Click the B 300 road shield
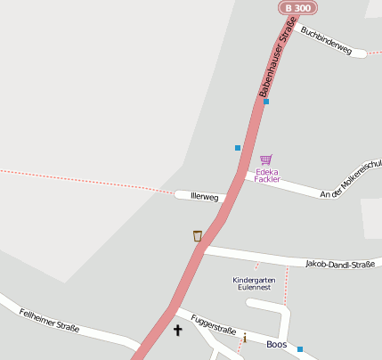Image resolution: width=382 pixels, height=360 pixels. [x=297, y=7]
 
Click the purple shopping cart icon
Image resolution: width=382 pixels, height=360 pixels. [x=265, y=160]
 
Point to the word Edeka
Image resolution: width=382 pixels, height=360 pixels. [x=267, y=171]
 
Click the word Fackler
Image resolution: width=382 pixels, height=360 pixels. [x=267, y=179]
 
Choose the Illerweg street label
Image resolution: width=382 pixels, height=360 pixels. [x=204, y=196]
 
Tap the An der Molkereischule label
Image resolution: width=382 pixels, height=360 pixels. [x=351, y=179]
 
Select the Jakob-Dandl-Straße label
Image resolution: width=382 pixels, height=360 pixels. [x=339, y=264]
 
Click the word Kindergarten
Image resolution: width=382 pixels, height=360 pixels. [x=254, y=280]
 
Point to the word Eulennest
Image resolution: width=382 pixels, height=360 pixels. [x=253, y=288]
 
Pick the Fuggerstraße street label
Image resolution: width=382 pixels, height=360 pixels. [x=214, y=324]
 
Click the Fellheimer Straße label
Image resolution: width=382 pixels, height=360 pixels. [x=49, y=316]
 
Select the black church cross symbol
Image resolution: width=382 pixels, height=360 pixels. [x=177, y=331]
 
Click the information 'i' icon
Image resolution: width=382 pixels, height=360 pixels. [x=244, y=338]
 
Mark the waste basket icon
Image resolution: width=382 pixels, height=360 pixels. [x=197, y=236]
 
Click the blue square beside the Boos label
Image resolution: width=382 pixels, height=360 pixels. [x=300, y=349]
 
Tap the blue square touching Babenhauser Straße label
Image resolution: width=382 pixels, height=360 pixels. [x=266, y=102]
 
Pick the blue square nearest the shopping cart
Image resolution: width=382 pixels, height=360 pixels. [x=238, y=147]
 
